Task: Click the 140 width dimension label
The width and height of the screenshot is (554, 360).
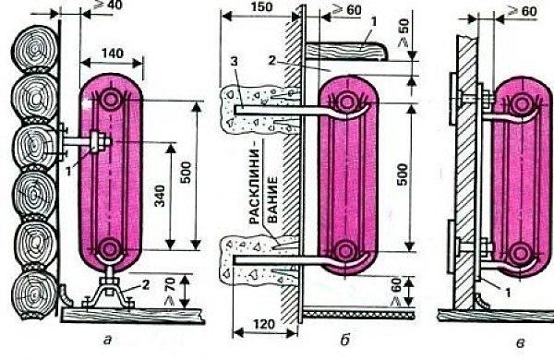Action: [x=113, y=54]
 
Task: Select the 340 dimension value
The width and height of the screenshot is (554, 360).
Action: [x=161, y=196]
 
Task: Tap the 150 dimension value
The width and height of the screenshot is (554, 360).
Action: [x=261, y=7]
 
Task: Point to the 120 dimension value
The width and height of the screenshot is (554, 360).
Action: [x=264, y=324]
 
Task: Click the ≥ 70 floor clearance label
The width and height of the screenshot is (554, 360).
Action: [x=170, y=291]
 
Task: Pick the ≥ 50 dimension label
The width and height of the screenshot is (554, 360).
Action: [x=403, y=32]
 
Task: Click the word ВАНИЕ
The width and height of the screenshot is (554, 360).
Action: [x=272, y=200]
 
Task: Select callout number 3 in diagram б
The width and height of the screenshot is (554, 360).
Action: [x=234, y=62]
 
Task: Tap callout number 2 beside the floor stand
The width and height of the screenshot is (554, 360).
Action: [x=146, y=284]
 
